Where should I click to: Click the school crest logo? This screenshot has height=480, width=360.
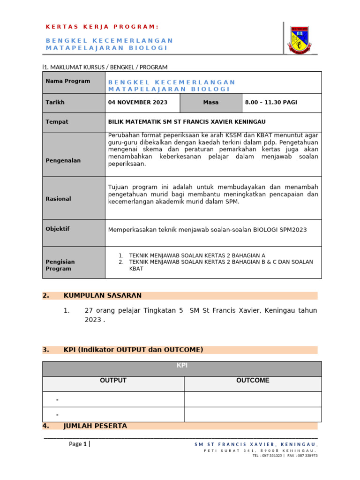(299, 40)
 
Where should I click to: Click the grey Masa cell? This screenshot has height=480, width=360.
(210, 102)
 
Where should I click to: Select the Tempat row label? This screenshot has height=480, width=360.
(57, 122)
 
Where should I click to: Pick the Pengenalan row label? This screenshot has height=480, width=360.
(63, 160)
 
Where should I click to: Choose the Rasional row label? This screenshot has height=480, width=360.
(58, 199)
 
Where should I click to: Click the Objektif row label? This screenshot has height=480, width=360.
(58, 229)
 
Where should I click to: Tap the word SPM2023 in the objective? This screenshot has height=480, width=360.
(293, 230)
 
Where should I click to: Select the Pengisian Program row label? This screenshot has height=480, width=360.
(60, 265)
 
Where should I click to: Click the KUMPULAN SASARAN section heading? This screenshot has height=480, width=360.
(102, 295)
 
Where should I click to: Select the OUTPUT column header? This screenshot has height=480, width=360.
(113, 381)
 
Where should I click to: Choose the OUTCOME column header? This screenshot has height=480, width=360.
(253, 381)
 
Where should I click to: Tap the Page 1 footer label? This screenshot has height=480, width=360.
(78, 444)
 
